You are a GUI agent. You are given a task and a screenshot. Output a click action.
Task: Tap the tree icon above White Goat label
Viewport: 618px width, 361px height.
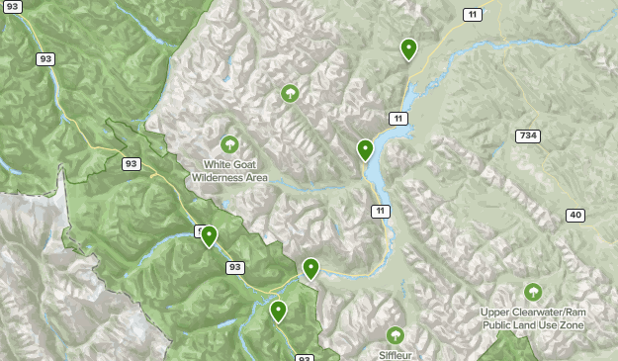230,144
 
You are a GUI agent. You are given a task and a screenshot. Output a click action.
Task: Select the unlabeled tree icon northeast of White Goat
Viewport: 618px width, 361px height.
290,94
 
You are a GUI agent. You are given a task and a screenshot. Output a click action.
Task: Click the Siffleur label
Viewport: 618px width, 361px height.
396,354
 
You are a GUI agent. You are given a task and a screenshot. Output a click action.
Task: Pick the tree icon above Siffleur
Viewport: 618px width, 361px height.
396,335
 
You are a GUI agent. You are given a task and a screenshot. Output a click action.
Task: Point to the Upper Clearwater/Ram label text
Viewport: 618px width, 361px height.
533,318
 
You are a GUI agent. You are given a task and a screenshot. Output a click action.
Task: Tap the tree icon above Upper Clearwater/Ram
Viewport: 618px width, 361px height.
533,292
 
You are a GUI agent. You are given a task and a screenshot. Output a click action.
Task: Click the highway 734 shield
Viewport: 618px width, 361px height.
527,135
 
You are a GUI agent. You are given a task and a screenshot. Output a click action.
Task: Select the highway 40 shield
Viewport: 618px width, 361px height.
575,216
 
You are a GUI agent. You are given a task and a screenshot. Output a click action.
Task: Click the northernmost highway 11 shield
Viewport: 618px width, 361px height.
474,13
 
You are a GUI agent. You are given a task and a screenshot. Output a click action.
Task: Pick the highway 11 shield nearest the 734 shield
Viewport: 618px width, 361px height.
397,119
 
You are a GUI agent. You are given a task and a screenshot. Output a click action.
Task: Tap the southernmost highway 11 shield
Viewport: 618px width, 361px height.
381,211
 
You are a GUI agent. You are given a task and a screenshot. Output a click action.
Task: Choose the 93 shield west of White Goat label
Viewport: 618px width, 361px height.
132,163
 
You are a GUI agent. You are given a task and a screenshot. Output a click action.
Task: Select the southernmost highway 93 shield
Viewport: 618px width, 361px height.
305,358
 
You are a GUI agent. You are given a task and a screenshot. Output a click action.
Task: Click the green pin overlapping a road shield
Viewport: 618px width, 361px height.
209,235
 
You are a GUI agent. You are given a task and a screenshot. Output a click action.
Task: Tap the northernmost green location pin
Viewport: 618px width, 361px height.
408,47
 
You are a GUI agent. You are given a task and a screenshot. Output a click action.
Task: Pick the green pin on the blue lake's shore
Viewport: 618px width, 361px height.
365,149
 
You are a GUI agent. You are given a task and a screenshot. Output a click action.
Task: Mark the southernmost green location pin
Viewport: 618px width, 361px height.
279,311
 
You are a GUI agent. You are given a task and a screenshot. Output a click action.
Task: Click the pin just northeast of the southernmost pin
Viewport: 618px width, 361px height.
310,267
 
